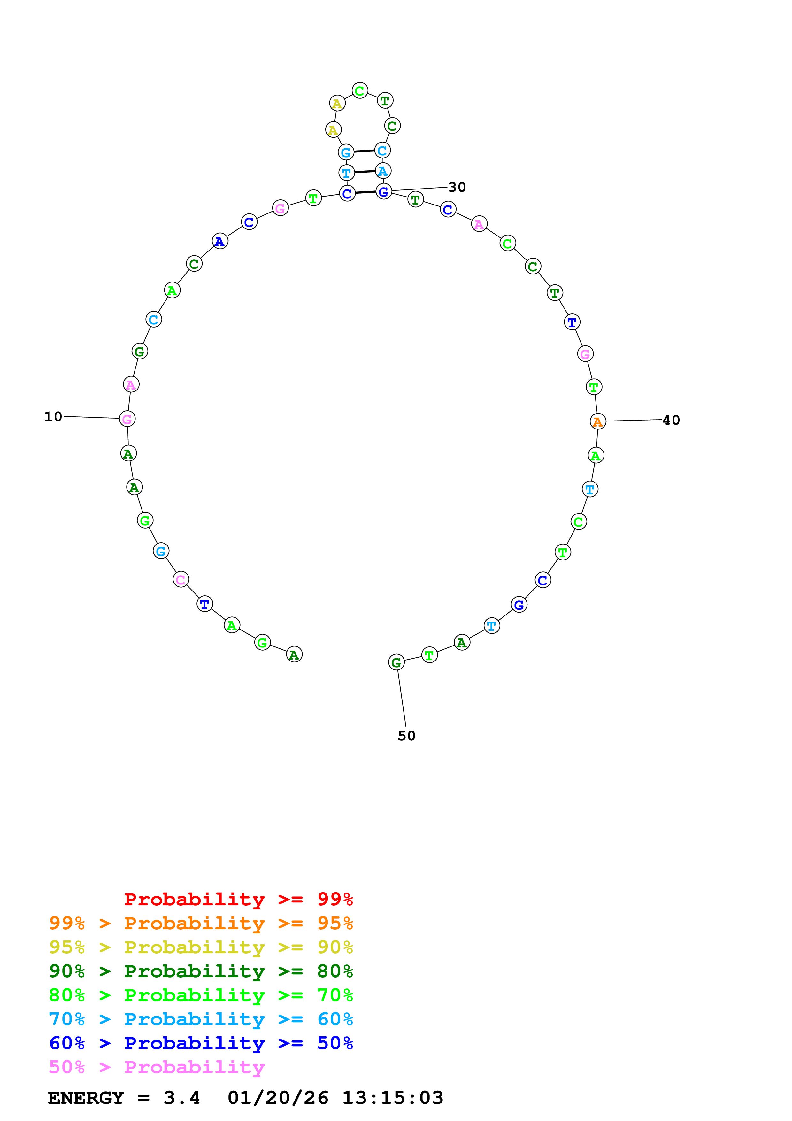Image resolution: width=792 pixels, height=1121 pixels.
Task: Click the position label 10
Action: pos(53,416)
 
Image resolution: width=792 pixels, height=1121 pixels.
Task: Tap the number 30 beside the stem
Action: pos(457,187)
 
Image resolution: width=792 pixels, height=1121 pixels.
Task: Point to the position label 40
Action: pos(671,420)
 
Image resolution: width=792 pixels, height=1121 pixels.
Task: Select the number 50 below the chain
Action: pos(406,736)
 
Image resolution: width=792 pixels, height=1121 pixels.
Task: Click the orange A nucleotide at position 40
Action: pos(598,421)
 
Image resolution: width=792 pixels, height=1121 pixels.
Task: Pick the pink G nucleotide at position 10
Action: pos(127,419)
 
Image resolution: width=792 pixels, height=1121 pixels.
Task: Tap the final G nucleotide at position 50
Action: pos(396,662)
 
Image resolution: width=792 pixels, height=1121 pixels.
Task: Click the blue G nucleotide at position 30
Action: pos(384,191)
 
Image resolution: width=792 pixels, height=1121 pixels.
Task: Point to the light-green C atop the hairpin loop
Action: pos(360,91)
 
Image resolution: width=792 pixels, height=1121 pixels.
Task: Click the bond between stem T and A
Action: pos(365,172)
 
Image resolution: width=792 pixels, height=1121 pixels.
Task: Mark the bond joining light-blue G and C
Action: pos(364,151)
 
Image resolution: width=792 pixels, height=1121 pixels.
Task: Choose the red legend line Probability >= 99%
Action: pos(238,899)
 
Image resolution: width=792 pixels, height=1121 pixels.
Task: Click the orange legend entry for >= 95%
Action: pos(201,923)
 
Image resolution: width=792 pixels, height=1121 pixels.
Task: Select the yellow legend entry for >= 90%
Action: pos(201,947)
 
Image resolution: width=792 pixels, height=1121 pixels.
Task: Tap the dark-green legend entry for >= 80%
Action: pos(201,971)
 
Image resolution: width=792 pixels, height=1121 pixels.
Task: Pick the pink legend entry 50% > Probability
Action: pos(157,1067)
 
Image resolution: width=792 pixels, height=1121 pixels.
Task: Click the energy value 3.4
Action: pos(181,1098)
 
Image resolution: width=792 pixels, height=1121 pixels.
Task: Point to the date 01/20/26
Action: pos(278,1098)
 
